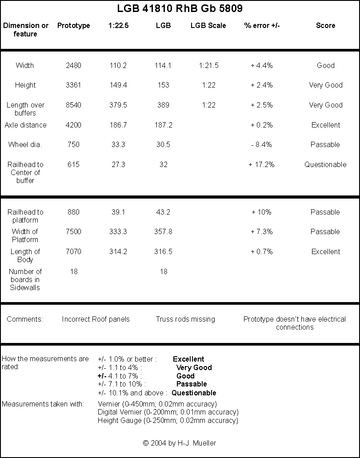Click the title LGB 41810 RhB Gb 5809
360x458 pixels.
click(x=180, y=8)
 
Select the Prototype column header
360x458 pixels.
click(x=74, y=25)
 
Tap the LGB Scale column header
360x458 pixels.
click(x=208, y=25)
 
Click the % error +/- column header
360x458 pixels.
click(x=262, y=25)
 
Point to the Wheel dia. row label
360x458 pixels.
click(x=25, y=144)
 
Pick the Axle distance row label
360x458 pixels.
click(x=26, y=125)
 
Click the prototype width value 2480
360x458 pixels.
click(x=73, y=65)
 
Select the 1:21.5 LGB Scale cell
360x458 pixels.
click(x=208, y=65)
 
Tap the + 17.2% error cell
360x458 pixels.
click(x=261, y=164)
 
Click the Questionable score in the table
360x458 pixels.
click(x=325, y=164)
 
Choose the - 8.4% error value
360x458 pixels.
click(x=261, y=144)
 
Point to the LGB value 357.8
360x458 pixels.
click(x=164, y=231)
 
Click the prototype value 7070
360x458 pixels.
click(x=73, y=251)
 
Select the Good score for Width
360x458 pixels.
click(x=326, y=65)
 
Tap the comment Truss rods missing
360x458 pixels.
click(x=185, y=319)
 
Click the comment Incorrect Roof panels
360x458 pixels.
click(x=96, y=319)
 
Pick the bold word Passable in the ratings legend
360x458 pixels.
click(x=192, y=384)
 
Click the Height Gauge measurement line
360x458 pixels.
click(x=168, y=420)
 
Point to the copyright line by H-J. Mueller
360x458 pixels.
click(x=180, y=443)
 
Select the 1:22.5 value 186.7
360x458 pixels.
click(x=118, y=125)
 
